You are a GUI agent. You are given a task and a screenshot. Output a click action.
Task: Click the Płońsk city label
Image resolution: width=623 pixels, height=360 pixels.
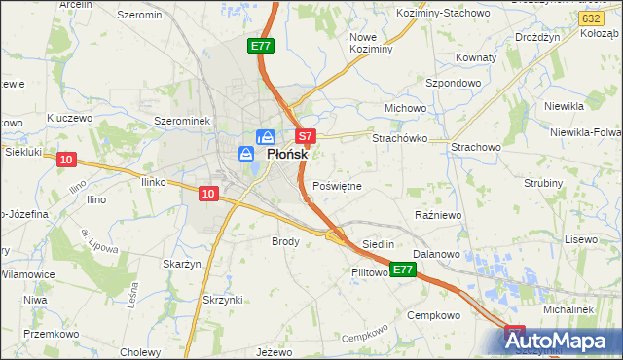click(288, 154)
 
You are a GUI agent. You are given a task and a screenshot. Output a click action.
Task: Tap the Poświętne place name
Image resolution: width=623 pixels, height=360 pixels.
click(338, 186)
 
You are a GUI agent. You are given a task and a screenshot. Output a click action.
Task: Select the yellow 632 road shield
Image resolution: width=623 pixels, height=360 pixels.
click(589, 18)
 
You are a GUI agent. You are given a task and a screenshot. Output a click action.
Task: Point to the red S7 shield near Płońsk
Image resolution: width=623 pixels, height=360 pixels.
click(305, 137)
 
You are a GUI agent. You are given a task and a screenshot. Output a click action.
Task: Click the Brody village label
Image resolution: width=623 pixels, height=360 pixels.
click(285, 240)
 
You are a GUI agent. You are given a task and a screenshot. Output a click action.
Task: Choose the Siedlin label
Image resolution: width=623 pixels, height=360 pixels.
click(378, 244)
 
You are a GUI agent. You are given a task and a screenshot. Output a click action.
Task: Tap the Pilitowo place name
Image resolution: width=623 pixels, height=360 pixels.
click(370, 274)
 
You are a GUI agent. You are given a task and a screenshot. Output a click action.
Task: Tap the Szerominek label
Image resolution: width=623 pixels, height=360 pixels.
click(183, 121)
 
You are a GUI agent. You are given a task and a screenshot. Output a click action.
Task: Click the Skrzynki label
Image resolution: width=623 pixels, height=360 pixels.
click(221, 299)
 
